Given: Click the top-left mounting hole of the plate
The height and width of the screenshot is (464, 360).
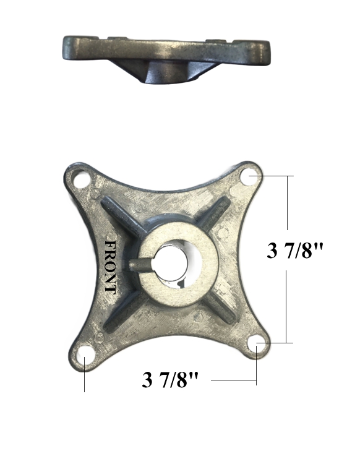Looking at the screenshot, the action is click(x=81, y=180).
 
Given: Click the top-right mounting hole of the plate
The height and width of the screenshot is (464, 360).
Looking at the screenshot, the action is click(x=249, y=177).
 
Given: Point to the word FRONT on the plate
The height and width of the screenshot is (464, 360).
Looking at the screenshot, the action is click(x=110, y=267).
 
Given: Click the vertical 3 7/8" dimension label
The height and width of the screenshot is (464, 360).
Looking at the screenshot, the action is click(x=295, y=251).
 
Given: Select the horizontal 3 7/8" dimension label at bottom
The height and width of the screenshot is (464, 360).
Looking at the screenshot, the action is click(x=170, y=380).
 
